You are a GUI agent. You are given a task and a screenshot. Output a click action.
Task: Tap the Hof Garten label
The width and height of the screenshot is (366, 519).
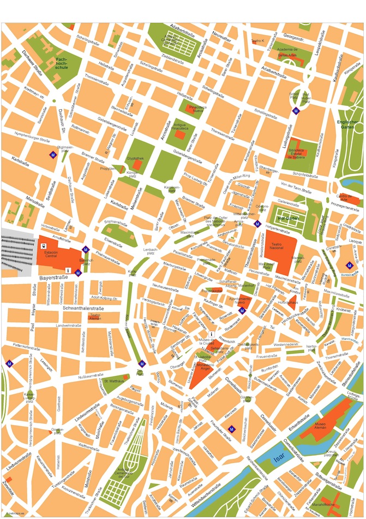tap(289, 218)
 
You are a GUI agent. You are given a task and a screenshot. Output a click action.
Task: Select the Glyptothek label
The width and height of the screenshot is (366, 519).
tap(135, 158)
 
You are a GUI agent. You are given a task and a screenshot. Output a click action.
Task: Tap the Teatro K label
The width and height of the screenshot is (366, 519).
tap(257, 41)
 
